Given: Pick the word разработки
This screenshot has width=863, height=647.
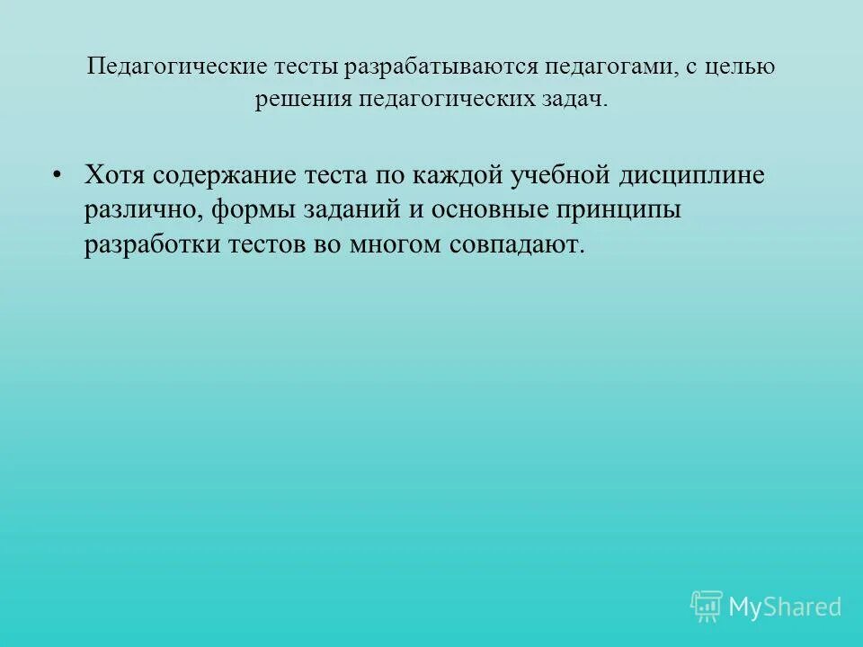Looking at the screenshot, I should (x=150, y=245).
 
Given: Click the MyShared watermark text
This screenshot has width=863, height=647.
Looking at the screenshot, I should (x=785, y=607).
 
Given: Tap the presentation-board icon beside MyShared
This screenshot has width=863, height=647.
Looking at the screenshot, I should (x=707, y=606).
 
